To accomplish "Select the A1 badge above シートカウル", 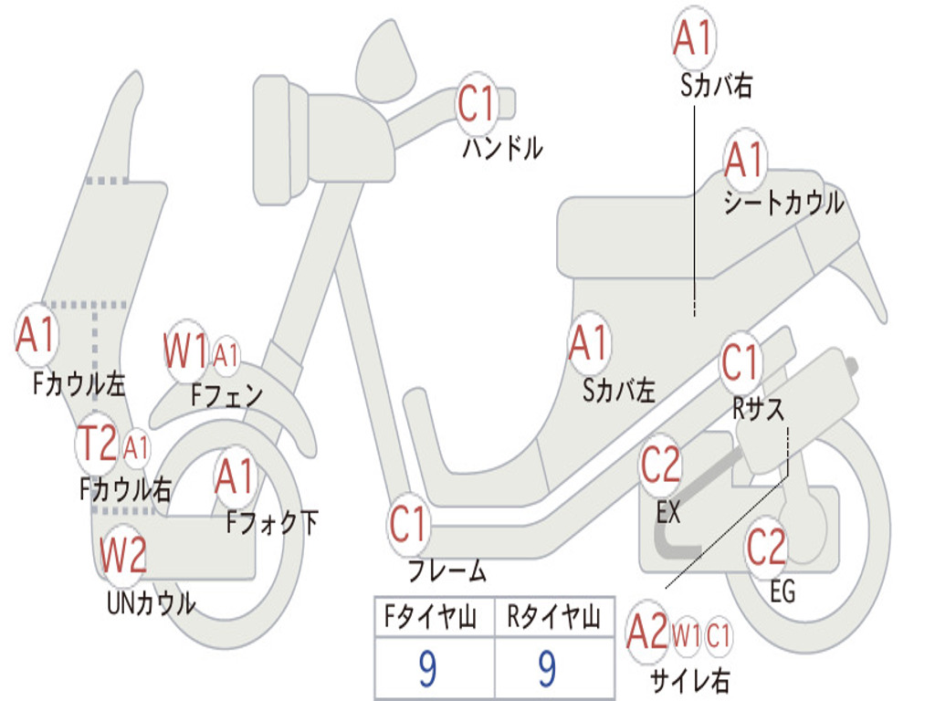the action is click(x=744, y=161).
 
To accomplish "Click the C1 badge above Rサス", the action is click(x=741, y=363).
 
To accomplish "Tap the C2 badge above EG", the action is click(x=766, y=547).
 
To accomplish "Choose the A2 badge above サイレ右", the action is click(x=648, y=633).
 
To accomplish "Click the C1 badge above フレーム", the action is click(x=408, y=525).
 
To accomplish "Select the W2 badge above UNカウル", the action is click(x=123, y=553).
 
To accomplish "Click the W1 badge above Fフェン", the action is click(x=186, y=349).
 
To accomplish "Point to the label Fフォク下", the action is click(x=272, y=522).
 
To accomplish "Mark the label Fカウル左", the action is click(x=79, y=382).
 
